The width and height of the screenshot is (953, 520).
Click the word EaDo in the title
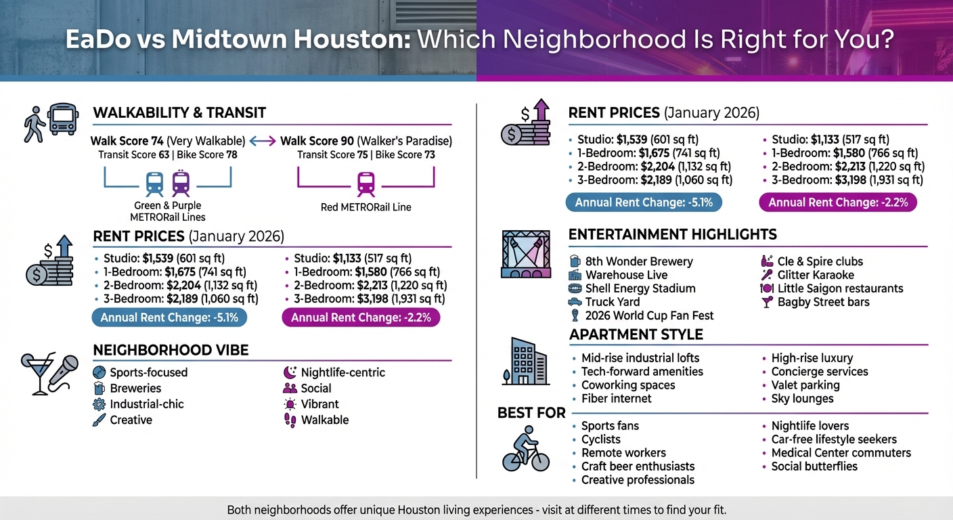pyautogui.click(x=97, y=39)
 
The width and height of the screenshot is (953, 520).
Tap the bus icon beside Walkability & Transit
pyautogui.click(x=63, y=120)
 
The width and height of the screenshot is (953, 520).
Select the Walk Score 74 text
pyautogui.click(x=168, y=142)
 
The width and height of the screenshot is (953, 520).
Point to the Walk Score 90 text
pyautogui.click(x=365, y=142)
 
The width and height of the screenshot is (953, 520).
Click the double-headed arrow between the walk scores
pyautogui.click(x=263, y=142)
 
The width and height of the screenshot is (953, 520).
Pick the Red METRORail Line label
pyautogui.click(x=365, y=207)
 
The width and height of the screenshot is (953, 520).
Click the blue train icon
pyautogui.click(x=154, y=183)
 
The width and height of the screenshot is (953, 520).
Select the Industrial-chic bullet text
pyautogui.click(x=147, y=404)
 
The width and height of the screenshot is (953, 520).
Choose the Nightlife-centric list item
pyautogui.click(x=342, y=372)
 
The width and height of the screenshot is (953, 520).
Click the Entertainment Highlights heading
pyautogui.click(x=672, y=235)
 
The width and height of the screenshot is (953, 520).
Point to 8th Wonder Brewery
pyautogui.click(x=639, y=261)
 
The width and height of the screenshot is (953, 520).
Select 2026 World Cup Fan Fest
pyautogui.click(x=649, y=316)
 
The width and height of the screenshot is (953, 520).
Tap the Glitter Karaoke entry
pyautogui.click(x=816, y=275)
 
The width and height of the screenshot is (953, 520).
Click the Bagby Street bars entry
pyautogui.click(x=823, y=302)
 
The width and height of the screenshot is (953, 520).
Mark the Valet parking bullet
pyautogui.click(x=805, y=385)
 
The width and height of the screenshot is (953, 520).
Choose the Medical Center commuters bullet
pyautogui.click(x=841, y=453)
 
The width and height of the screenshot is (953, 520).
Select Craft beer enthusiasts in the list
pyautogui.click(x=638, y=467)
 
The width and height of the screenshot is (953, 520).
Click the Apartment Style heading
pyautogui.click(x=636, y=334)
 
